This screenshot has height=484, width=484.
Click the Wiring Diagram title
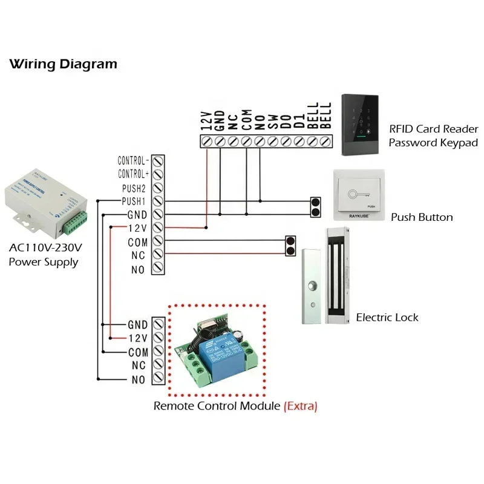(x=63, y=64)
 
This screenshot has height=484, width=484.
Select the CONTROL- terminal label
(x=132, y=161)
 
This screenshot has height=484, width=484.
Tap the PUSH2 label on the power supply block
(x=134, y=188)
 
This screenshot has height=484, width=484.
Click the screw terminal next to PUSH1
(x=158, y=201)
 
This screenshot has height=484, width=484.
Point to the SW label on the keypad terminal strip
(x=272, y=122)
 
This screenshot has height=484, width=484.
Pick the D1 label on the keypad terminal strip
(x=299, y=122)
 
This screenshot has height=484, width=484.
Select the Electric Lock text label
(x=387, y=317)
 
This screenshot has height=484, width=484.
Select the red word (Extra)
(x=300, y=406)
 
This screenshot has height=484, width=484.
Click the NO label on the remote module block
(x=139, y=380)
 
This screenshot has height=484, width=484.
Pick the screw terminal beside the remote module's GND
(x=158, y=325)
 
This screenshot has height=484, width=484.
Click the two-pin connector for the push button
(x=315, y=207)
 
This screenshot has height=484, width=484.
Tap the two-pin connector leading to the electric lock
(x=290, y=247)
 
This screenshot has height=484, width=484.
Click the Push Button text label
(x=421, y=217)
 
